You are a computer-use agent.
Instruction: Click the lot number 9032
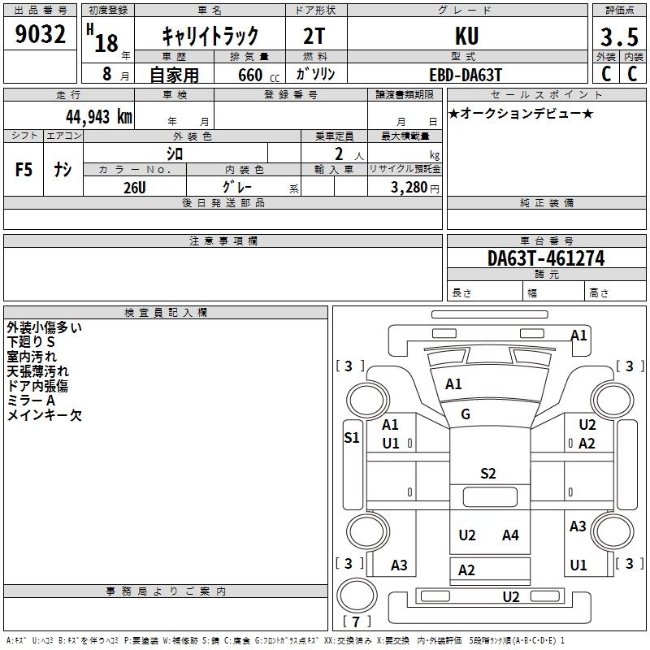41,35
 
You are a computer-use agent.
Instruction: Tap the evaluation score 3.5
618,37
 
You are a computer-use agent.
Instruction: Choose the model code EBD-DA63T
466,74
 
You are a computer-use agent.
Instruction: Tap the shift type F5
24,170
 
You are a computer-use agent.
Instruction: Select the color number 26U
134,188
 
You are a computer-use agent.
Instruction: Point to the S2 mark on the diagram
487,474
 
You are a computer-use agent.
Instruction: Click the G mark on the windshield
466,414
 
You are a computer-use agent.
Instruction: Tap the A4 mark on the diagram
510,535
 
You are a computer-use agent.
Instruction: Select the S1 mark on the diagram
352,438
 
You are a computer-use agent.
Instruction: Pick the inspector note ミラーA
31,401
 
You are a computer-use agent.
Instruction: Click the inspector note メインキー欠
45,415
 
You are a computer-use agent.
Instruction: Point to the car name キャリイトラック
210,36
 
